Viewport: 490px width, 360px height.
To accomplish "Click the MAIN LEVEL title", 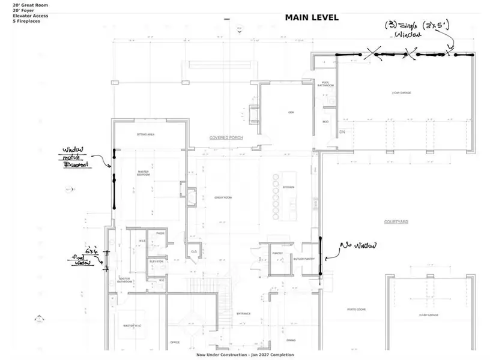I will pyautogui.click(x=311, y=17).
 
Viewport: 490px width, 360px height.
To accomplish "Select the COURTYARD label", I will pyautogui.click(x=396, y=222).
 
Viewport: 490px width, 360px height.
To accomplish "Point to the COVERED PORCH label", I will pyautogui.click(x=226, y=138).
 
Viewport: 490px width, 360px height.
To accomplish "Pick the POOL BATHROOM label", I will pyautogui.click(x=325, y=85).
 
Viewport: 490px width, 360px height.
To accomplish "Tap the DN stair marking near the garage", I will pyautogui.click(x=342, y=131).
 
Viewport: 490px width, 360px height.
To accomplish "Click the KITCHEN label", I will pyautogui.click(x=289, y=187).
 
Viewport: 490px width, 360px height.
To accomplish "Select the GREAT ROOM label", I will pyautogui.click(x=223, y=197).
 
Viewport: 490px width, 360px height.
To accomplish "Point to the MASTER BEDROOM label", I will pyautogui.click(x=143, y=173).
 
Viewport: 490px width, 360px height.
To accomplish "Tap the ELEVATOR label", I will pyautogui.click(x=157, y=262).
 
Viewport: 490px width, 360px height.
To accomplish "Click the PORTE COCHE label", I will pyautogui.click(x=356, y=310).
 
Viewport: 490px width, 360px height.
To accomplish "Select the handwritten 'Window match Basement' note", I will pyautogui.click(x=76, y=157).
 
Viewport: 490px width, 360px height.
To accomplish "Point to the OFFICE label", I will pyautogui.click(x=175, y=342).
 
